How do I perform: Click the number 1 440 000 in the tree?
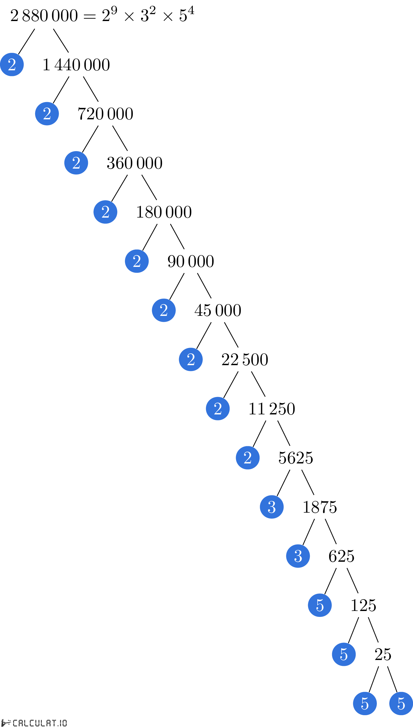76,65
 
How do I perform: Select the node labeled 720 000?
105,114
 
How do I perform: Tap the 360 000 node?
134,163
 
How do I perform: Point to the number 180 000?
164,212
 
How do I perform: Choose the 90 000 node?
191,261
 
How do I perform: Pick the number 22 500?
245,360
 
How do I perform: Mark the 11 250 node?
272,409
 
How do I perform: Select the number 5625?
296,458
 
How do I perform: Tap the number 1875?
320,507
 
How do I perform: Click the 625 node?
341,556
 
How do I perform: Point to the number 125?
363,605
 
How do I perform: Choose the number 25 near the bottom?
383,654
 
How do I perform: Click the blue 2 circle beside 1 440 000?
12,65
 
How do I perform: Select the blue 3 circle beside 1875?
272,507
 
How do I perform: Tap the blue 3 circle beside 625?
298,556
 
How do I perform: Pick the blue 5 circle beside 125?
320,605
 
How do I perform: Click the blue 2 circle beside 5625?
248,458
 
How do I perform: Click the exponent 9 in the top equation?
114,10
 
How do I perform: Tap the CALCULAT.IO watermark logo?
34,723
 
